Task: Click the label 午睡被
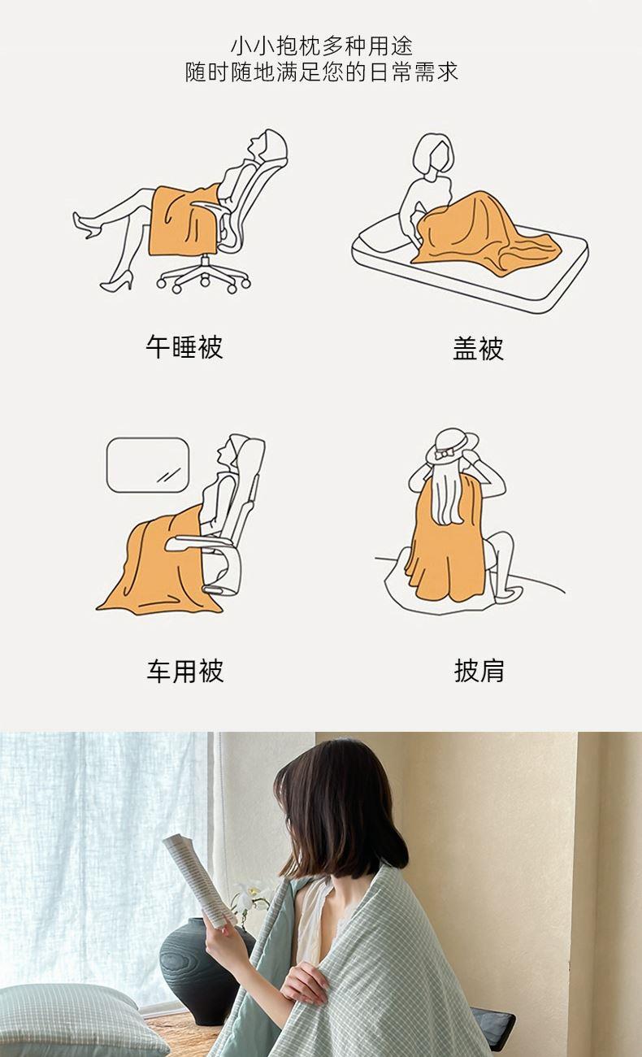click(x=184, y=347)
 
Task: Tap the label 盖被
click(x=479, y=348)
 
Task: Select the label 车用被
click(x=185, y=671)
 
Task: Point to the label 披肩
click(x=479, y=671)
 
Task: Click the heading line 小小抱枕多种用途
click(x=322, y=46)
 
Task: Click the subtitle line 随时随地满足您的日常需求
click(x=322, y=72)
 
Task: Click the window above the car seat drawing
click(x=148, y=465)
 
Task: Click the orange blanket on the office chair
click(x=184, y=221)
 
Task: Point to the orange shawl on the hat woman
click(x=446, y=542)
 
